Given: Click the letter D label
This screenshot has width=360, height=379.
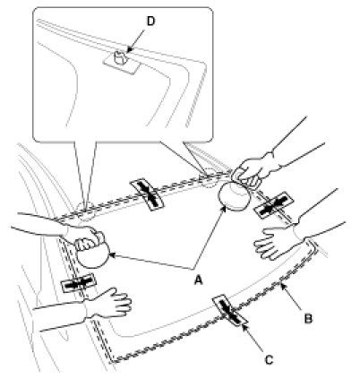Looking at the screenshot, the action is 151,22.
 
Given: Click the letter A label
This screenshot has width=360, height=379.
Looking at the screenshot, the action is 198,280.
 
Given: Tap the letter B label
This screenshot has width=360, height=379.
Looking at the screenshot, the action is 308,319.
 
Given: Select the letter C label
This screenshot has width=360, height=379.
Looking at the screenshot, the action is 269,360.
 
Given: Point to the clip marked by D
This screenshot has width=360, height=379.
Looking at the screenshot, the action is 121,58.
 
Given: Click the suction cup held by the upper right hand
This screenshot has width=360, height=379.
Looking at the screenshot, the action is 234,196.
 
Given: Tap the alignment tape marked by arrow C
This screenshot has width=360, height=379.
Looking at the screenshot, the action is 230,311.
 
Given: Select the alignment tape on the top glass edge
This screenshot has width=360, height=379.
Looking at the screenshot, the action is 147,194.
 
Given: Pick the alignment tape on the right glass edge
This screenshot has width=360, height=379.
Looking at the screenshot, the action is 274,205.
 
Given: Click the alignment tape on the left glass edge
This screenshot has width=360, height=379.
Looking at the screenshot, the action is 79,283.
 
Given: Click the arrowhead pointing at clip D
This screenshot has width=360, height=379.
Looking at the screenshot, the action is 129,50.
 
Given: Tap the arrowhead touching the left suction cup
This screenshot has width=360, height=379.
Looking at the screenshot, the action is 113,255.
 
